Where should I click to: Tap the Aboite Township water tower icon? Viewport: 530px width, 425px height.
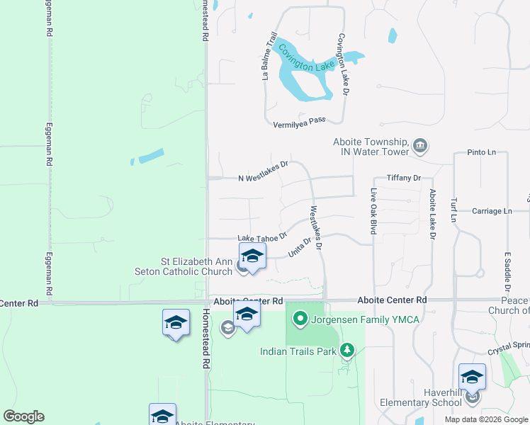420,147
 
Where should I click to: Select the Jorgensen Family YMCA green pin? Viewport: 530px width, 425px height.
299,320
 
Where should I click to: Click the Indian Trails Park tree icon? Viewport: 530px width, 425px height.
346,350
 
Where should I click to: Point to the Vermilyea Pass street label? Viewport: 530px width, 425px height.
299,123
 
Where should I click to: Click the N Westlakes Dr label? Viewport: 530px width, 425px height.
264,171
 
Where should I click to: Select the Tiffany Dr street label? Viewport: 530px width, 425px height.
404,178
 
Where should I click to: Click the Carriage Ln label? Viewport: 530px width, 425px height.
492,211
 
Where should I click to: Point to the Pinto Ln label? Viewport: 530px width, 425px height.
481,152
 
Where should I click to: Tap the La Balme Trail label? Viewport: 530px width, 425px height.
269,56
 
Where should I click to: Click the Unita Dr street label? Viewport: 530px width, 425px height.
300,248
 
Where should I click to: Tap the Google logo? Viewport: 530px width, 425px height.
23,416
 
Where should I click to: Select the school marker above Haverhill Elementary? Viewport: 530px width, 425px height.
472,378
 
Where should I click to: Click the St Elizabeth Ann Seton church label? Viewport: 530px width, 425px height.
187,266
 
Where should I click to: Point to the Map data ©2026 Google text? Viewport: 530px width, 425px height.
486,419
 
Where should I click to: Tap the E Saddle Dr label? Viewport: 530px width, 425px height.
507,271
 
